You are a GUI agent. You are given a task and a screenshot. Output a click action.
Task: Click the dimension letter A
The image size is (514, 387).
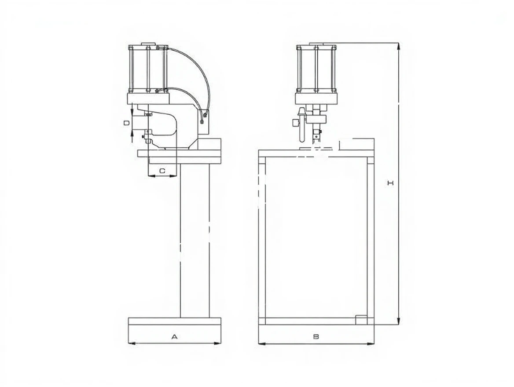point(174,336)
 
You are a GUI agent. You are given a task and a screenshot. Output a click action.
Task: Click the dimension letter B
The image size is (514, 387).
point(316,336)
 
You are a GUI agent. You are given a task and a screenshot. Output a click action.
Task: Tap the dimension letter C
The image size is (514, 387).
point(162,171)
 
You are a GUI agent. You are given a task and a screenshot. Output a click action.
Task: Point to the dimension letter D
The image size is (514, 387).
point(126,123)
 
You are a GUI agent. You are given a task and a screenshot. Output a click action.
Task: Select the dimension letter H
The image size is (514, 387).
point(390,183)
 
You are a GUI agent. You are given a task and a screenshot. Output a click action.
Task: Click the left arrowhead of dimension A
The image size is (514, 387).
point(132,343)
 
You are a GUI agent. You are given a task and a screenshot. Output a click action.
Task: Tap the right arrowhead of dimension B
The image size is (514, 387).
point(371,344)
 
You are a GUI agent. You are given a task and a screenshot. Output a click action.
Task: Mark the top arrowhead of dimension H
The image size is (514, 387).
point(398,46)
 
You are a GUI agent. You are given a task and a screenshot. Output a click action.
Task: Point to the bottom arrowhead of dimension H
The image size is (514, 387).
point(398,321)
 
